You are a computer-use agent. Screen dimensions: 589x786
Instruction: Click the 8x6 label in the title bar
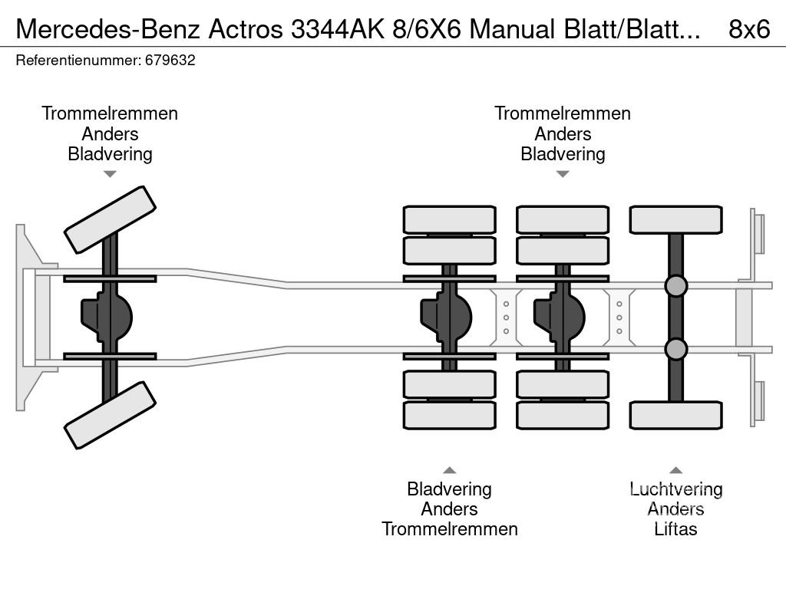(x=748, y=28)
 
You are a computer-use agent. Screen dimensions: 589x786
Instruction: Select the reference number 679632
(x=170, y=60)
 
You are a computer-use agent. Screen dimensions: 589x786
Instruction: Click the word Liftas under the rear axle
(x=675, y=528)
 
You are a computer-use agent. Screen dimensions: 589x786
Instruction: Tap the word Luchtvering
(x=675, y=489)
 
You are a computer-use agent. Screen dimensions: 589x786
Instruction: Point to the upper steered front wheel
(x=110, y=219)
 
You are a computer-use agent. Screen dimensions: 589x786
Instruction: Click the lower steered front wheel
(x=110, y=415)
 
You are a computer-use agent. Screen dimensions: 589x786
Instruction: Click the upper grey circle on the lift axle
(x=675, y=286)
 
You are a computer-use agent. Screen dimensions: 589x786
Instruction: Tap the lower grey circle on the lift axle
(x=675, y=349)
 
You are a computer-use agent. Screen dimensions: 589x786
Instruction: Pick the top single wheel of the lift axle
(x=675, y=219)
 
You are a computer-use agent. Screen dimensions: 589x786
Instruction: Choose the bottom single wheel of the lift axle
(x=675, y=415)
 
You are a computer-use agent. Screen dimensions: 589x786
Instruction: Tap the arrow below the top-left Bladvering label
(x=110, y=174)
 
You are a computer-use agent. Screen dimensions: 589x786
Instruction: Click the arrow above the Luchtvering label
(x=675, y=470)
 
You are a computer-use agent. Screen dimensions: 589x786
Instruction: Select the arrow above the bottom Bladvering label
(x=449, y=470)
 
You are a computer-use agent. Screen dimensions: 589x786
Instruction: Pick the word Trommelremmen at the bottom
(x=449, y=528)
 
